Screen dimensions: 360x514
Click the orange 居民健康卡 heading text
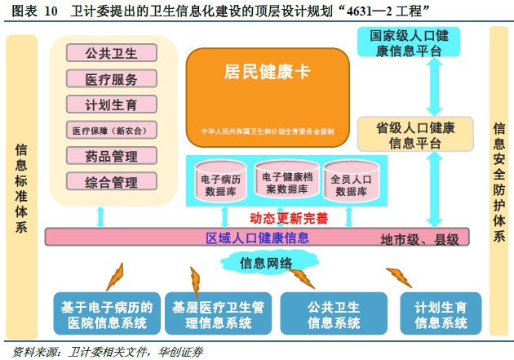[267, 72]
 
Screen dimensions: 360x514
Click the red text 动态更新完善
[289, 218]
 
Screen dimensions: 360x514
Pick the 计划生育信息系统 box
[441, 314]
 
